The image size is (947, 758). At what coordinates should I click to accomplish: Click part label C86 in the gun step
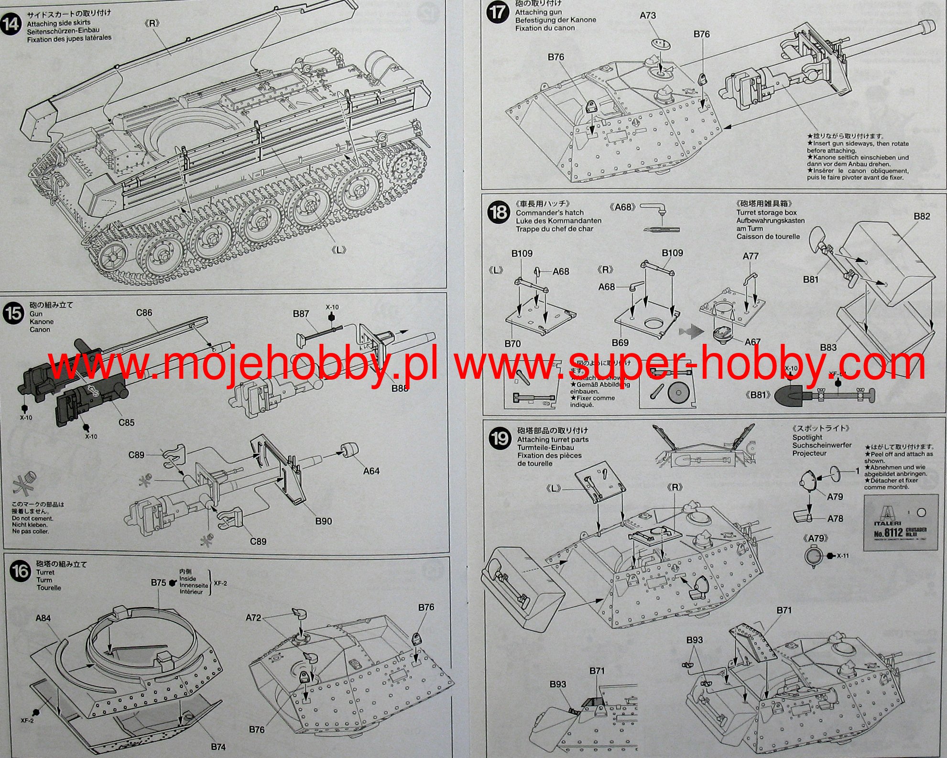pos(144,313)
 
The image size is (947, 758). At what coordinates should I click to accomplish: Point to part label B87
pos(301,314)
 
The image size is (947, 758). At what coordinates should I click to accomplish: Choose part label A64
pos(371,471)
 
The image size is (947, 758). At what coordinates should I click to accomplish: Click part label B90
pos(324,521)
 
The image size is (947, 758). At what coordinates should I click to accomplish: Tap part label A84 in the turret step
pos(43,618)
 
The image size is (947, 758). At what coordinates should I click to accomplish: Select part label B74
pos(218,747)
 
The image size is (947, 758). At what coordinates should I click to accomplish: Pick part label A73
pos(648,15)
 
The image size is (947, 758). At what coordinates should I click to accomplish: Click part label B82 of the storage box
pos(922,216)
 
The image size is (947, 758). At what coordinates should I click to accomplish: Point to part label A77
pos(751,256)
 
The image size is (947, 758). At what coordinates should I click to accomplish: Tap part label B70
pos(512,343)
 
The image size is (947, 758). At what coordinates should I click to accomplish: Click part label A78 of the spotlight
pos(835,518)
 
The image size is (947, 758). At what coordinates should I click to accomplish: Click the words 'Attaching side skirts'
pos(58,23)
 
